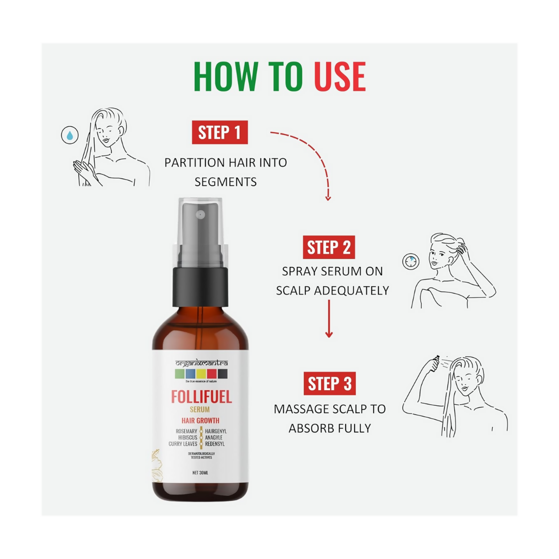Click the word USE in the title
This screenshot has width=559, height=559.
(x=340, y=77)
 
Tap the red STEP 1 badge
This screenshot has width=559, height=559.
(x=220, y=133)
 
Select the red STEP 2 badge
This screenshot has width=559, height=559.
(x=329, y=247)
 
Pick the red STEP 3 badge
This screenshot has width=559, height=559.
(x=329, y=384)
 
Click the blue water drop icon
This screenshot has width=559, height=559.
(x=69, y=136)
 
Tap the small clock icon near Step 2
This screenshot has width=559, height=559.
(x=410, y=261)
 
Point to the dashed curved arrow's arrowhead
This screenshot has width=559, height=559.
(x=328, y=197)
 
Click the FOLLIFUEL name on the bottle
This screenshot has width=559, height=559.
(x=201, y=397)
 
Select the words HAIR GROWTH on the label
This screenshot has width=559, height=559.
(x=201, y=421)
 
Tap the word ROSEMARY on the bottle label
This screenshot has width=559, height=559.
(x=186, y=431)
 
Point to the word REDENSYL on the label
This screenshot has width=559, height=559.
(x=215, y=444)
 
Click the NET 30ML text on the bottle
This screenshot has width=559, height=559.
(x=201, y=473)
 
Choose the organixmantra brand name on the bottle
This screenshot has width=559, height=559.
(x=201, y=365)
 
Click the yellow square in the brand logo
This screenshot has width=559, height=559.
(x=201, y=374)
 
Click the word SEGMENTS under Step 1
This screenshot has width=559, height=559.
(x=225, y=182)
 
